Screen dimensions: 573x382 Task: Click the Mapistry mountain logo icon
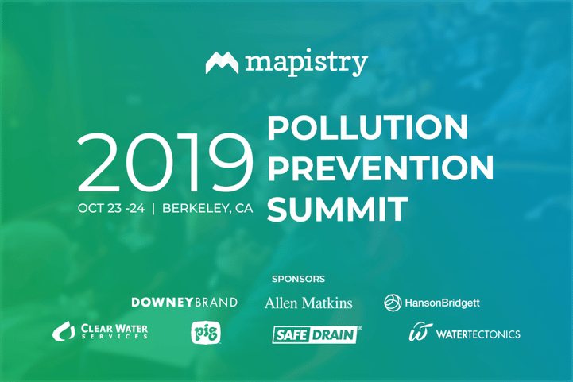[222, 63]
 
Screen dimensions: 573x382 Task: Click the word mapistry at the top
[306, 63]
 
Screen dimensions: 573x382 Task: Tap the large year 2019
[165, 162]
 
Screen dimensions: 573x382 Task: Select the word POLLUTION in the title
[368, 127]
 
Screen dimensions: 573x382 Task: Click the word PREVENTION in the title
[381, 168]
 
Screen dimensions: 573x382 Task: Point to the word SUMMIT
[337, 209]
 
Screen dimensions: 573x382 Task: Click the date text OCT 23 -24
[111, 208]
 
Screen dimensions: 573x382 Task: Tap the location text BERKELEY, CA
[207, 208]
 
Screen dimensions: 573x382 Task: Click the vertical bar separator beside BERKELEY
[153, 209]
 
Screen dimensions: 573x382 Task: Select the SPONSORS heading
[298, 279]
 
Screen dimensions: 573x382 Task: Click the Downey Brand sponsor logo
[184, 303]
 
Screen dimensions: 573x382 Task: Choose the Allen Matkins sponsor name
[308, 303]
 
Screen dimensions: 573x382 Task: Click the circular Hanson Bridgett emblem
[393, 303]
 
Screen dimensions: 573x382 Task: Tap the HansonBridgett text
[442, 303]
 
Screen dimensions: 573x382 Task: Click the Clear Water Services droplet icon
[64, 331]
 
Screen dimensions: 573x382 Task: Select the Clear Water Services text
[114, 331]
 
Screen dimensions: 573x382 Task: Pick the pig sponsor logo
[206, 333]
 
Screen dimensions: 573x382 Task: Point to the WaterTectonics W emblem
[420, 332]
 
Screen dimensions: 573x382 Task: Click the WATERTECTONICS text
[478, 334]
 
